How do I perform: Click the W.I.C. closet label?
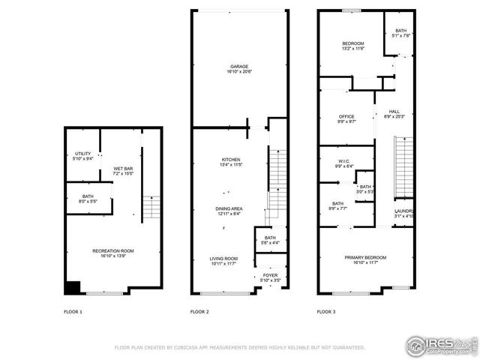(x=344, y=163)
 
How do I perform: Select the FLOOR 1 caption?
(x=73, y=311)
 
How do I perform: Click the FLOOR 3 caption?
(x=325, y=311)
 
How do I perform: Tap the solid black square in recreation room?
(x=72, y=287)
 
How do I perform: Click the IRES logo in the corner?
(x=441, y=344)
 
